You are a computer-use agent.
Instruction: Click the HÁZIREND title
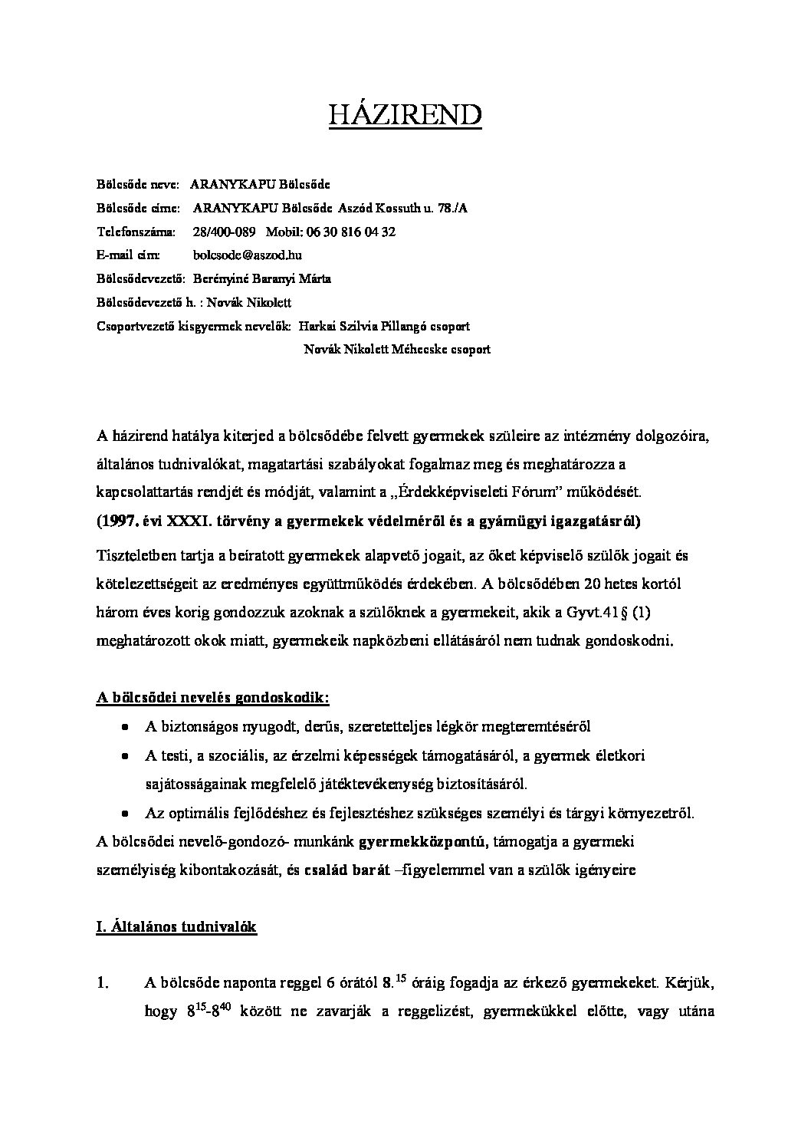click(405, 114)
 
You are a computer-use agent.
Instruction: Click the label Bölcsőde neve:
click(138, 184)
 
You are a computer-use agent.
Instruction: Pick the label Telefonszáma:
click(136, 232)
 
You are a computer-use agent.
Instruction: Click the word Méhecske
click(421, 350)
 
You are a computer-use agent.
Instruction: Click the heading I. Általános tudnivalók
click(176, 926)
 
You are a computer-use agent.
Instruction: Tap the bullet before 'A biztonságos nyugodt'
click(124, 727)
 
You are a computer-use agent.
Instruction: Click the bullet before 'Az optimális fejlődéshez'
click(124, 813)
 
